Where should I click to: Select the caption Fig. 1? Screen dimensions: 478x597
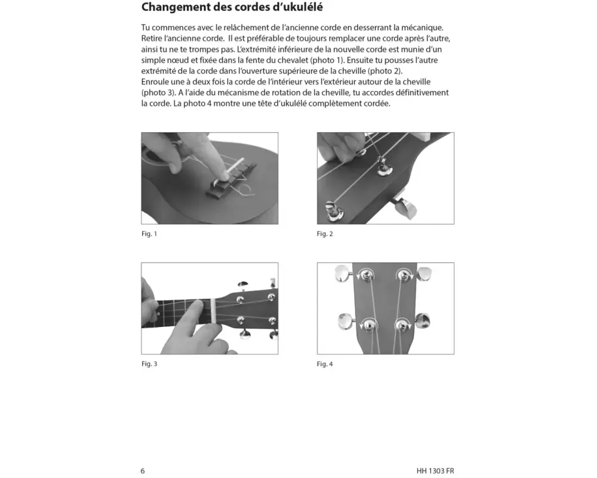[x=149, y=234]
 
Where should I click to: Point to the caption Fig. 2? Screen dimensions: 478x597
[x=325, y=234]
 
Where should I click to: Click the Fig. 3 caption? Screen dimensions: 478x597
[x=149, y=363]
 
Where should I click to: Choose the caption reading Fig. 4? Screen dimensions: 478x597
[x=325, y=364]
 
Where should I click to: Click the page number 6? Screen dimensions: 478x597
[x=143, y=470]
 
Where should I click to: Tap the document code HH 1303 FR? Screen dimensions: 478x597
[x=435, y=470]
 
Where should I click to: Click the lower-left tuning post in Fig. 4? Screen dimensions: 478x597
[x=368, y=324]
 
